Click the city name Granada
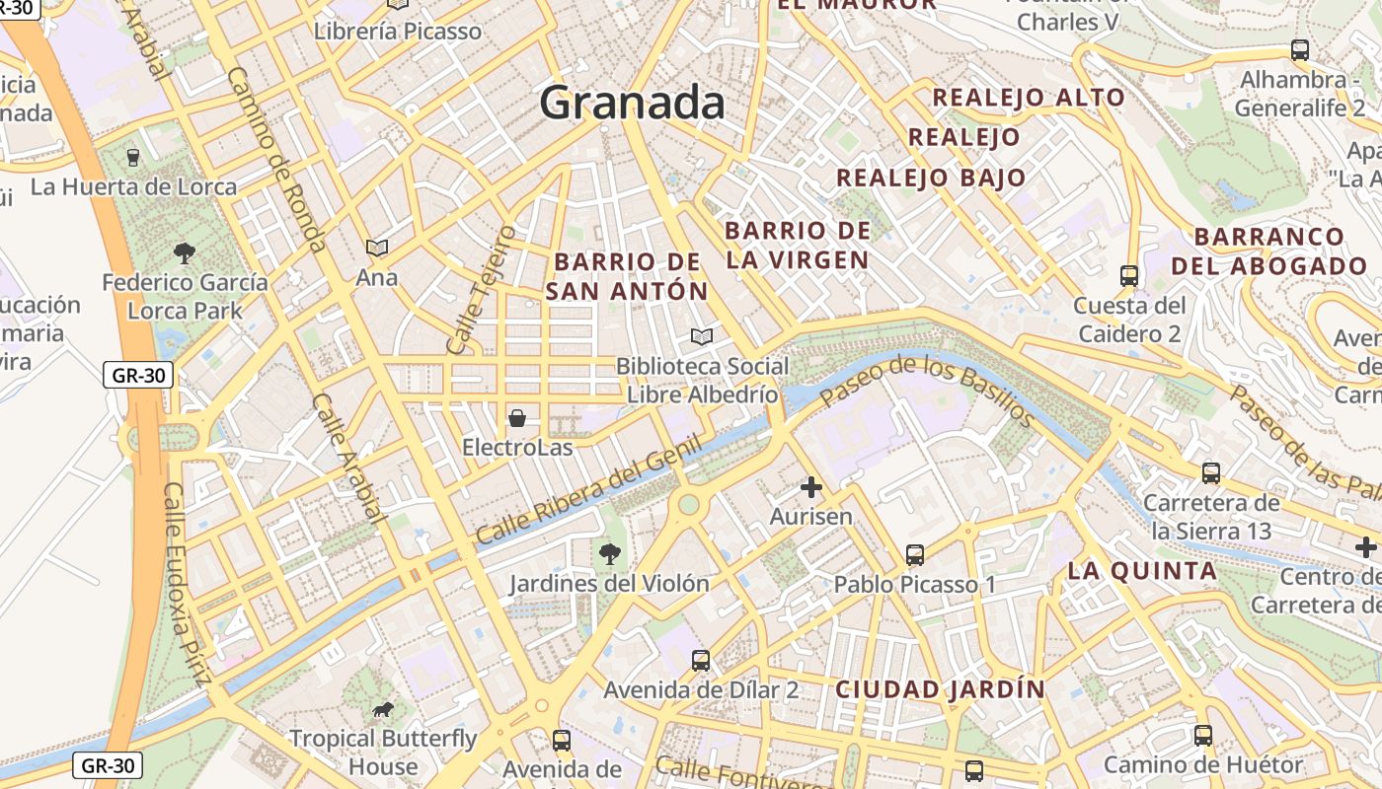point(632,103)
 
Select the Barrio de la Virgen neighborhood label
point(798,246)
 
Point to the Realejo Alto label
point(1029,98)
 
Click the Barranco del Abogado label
point(1268,251)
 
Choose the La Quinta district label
point(1142,571)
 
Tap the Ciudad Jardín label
point(940,689)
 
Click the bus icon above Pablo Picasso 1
point(915,555)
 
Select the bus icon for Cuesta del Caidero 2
point(1129,276)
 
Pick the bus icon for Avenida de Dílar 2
point(701,660)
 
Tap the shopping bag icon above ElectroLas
point(517,418)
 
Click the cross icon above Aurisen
point(811,487)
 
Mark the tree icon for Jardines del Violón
point(610,553)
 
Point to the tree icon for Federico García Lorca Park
point(184,253)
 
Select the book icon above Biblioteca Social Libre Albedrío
point(702,337)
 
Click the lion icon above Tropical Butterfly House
point(383,709)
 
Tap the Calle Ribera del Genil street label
point(589,490)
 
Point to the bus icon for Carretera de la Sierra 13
point(1211,473)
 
